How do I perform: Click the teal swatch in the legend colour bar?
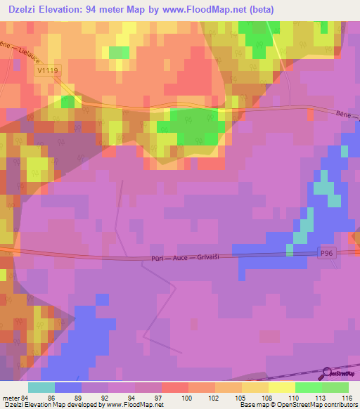41,387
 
